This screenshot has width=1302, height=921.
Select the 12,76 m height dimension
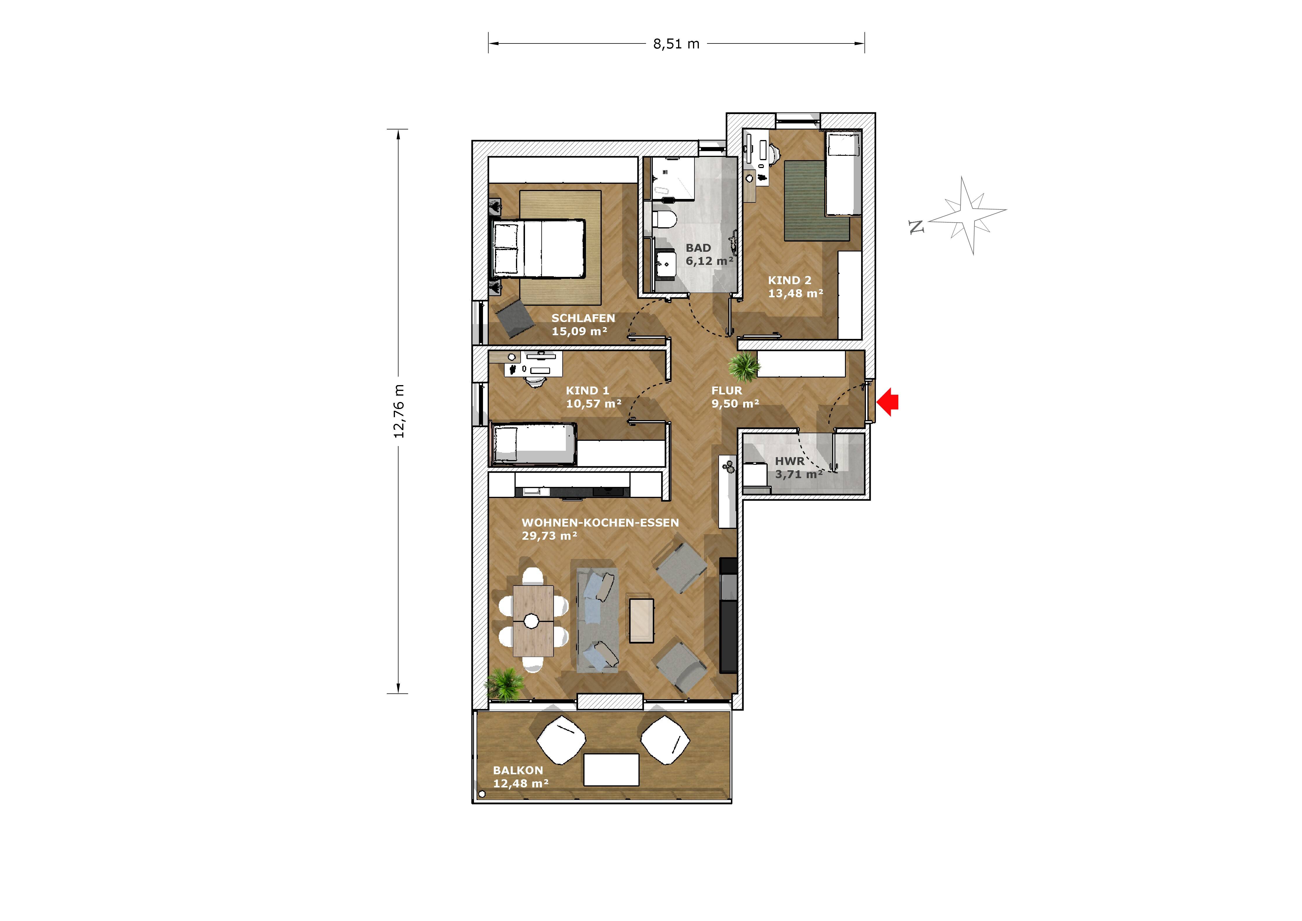398,411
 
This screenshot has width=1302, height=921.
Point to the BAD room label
698,248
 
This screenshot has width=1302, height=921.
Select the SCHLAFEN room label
583,318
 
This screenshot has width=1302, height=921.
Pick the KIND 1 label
587,390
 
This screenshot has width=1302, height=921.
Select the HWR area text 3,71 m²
799,474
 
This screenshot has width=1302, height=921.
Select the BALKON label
518,770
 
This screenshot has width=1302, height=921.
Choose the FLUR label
727,390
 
